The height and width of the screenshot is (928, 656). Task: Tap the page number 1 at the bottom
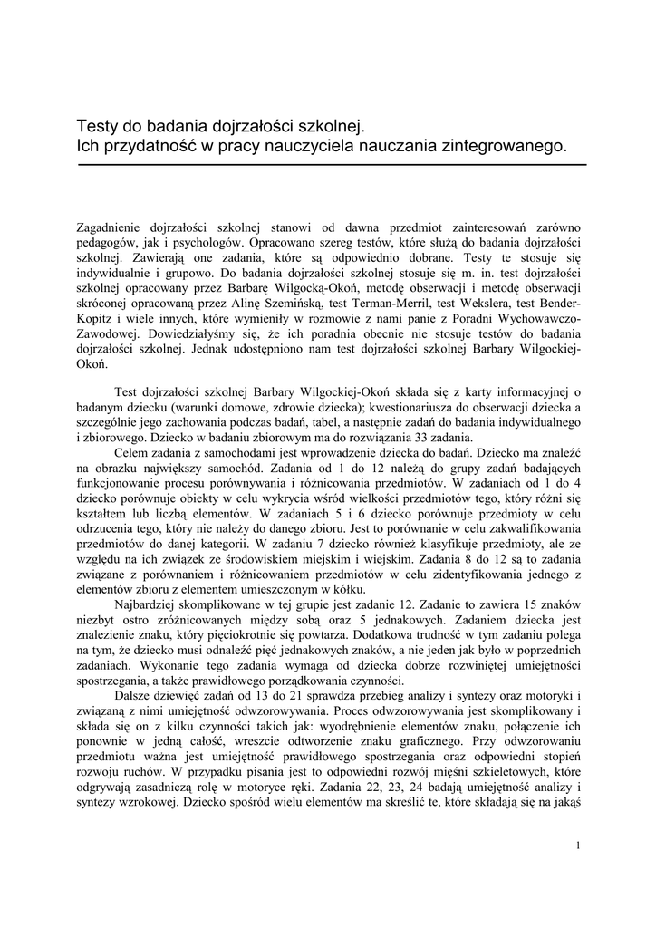coord(578,846)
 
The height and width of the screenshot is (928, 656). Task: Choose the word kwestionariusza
coord(354,407)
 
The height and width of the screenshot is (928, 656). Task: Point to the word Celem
coord(132,452)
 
